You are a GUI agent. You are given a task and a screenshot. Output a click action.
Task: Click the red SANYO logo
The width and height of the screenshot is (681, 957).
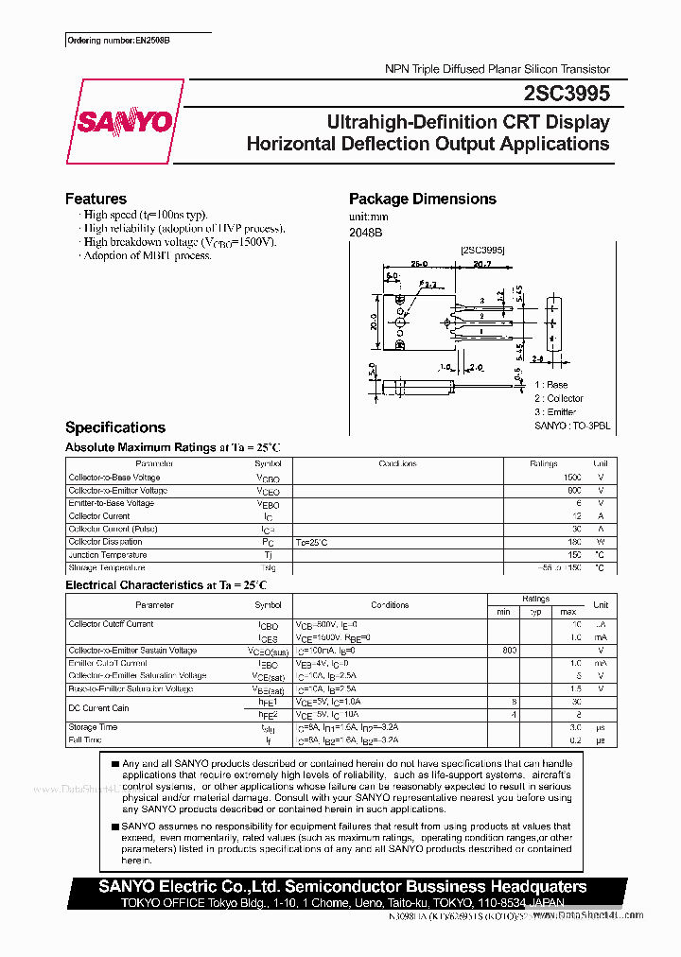pyautogui.click(x=123, y=122)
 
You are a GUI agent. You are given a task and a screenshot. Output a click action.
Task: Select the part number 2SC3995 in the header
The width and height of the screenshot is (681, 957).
pyautogui.click(x=566, y=94)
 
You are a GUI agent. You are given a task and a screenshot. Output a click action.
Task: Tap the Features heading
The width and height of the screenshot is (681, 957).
pyautogui.click(x=96, y=199)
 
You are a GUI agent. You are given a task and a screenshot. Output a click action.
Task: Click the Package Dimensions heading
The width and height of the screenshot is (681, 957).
pyautogui.click(x=422, y=199)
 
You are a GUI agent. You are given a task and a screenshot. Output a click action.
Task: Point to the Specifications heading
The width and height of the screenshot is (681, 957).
pyautogui.click(x=114, y=427)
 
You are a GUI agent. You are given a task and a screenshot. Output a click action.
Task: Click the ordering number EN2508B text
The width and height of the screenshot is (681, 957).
pyautogui.click(x=124, y=42)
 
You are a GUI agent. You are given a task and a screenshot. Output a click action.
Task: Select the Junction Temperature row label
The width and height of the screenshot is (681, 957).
pyautogui.click(x=107, y=555)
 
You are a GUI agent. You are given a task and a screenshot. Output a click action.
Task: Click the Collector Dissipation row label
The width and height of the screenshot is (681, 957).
pyautogui.click(x=107, y=542)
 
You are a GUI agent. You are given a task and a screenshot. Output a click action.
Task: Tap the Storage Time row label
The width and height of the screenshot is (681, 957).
pyautogui.click(x=93, y=727)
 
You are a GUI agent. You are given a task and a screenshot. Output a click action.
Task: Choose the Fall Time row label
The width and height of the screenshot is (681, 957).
pyautogui.click(x=85, y=739)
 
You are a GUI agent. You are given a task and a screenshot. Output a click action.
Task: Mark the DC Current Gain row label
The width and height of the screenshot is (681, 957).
pyautogui.click(x=98, y=707)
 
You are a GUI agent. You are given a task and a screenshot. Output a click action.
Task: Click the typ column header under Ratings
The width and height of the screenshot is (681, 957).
pyautogui.click(x=536, y=613)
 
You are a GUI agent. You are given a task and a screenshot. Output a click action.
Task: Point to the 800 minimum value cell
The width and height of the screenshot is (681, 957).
pyautogui.click(x=510, y=651)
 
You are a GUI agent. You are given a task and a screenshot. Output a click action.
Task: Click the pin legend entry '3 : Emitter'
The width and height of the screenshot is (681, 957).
pyautogui.click(x=558, y=412)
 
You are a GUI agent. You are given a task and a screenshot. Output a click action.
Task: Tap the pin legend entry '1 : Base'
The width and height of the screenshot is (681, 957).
pyautogui.click(x=550, y=385)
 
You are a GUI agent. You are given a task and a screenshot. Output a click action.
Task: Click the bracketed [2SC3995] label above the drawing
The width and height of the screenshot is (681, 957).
pyautogui.click(x=482, y=250)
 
